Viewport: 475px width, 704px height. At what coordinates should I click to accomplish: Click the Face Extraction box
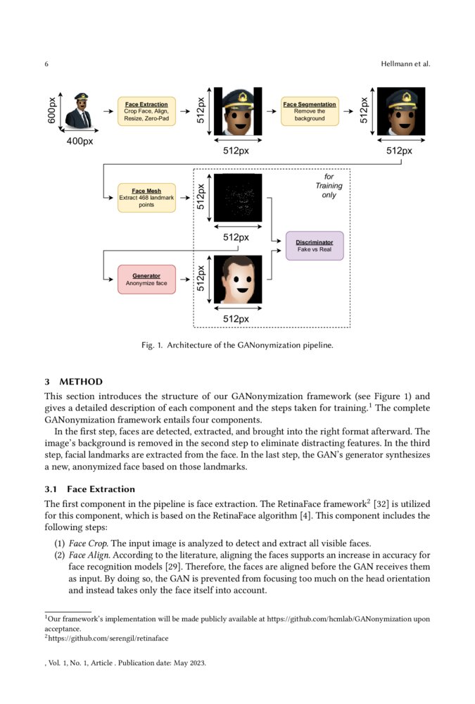pos(146,111)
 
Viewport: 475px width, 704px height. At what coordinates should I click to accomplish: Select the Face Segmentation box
pos(310,111)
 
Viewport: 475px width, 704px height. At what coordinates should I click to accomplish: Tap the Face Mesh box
pos(146,197)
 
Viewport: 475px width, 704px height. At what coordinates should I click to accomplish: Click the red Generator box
pos(146,279)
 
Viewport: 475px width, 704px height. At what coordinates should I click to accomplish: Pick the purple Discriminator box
pos(315,246)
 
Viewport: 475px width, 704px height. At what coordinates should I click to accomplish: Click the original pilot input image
pos(79,112)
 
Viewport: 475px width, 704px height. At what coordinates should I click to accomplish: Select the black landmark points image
pos(237,198)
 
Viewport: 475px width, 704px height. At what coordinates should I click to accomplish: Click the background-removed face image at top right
pos(401,111)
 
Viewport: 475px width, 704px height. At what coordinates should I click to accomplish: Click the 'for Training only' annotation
pos(329,186)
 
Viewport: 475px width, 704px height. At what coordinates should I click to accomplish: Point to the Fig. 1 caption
pos(237,346)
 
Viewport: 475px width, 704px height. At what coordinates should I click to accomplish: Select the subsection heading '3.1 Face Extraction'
pos(89,489)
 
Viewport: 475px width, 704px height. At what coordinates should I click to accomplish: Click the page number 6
pos(46,65)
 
